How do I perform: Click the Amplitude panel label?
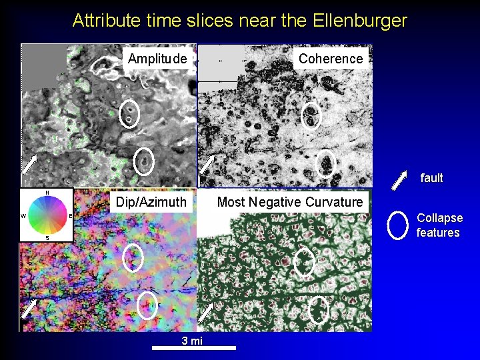157,59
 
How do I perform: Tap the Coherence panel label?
331,59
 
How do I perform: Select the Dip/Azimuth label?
151,201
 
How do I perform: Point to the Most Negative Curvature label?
290,201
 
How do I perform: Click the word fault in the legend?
431,178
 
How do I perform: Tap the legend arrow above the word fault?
399,180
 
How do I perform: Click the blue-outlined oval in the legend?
397,225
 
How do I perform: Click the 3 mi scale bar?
193,347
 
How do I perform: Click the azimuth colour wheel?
46,215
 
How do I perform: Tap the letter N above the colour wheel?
47,193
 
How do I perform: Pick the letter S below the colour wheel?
47,237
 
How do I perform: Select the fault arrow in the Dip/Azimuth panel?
29,308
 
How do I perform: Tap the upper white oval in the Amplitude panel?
129,115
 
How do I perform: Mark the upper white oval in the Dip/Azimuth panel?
133,257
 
